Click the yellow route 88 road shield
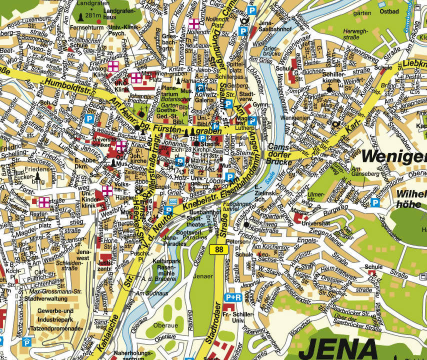218,249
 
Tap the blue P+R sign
233,297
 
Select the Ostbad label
388,10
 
